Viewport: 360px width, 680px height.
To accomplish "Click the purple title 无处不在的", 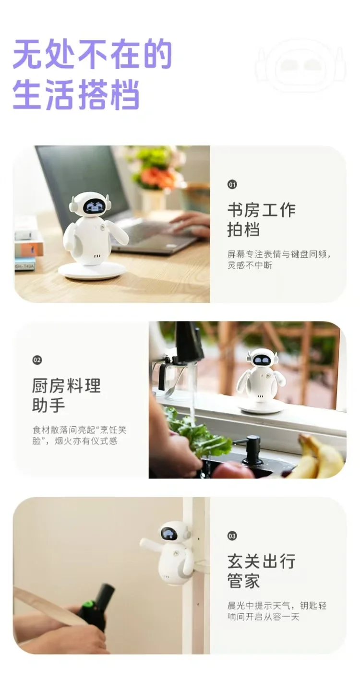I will point(92,55).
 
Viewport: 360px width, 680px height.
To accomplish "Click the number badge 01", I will point(232,184).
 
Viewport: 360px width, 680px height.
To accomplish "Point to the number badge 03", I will point(232,536).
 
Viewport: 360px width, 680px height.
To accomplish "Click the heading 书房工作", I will point(262,210).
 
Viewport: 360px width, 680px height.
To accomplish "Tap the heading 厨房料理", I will point(66,385).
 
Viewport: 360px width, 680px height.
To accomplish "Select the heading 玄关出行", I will point(262,561).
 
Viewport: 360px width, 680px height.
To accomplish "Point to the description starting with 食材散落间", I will point(80,435).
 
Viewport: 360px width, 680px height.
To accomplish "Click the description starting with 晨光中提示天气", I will point(277,611).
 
